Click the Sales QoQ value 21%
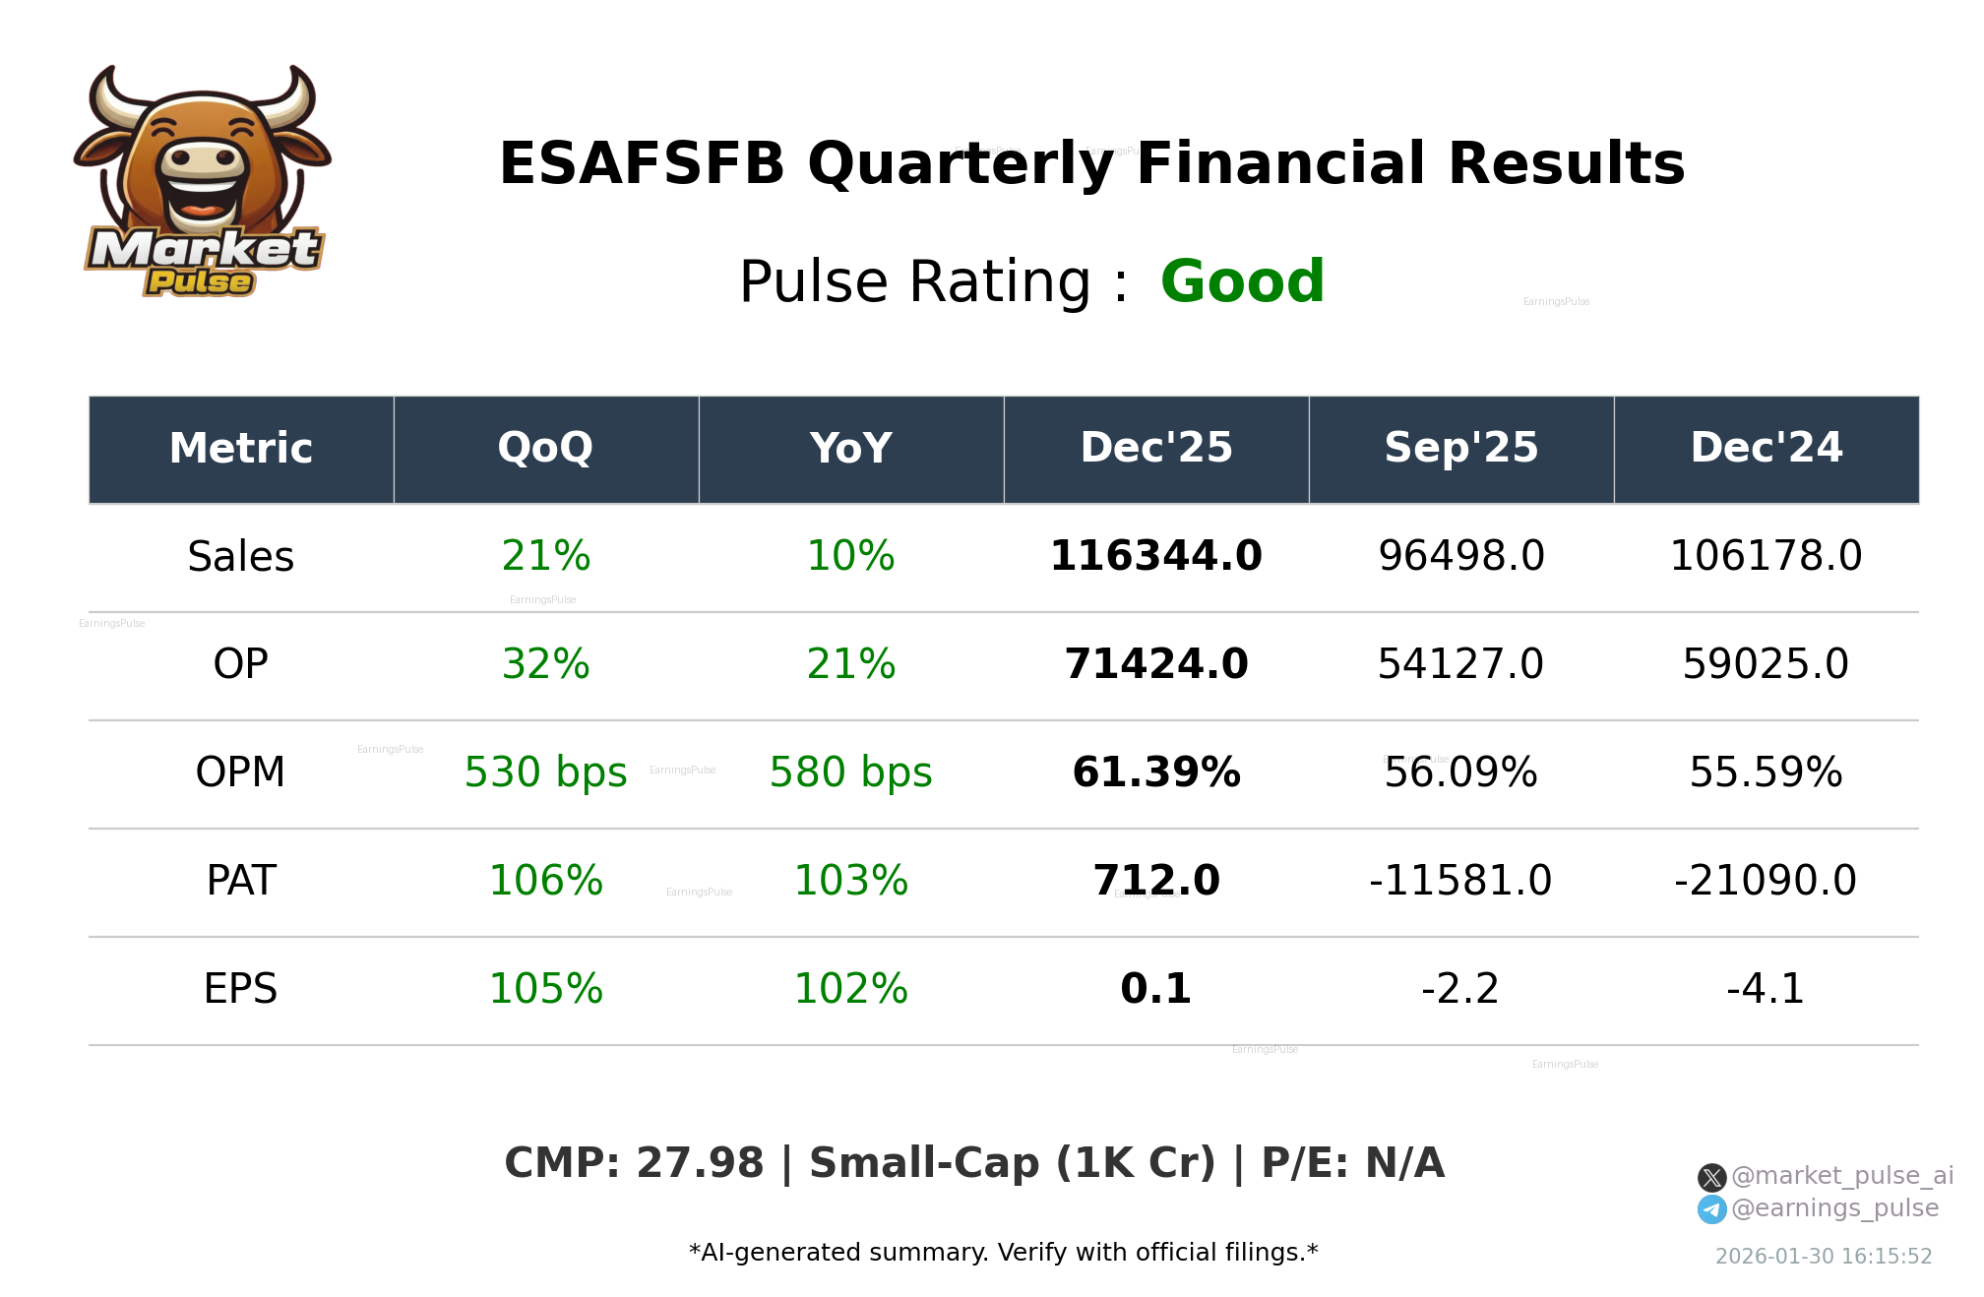545,556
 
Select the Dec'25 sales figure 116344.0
1155,556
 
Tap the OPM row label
240,772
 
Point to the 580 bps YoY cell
850,772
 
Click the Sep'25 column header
1460,448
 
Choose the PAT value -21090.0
1765,881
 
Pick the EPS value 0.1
1155,988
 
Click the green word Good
1242,281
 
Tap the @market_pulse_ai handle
1841,1176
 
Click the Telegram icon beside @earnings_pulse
1711,1209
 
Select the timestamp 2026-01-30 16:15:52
1823,1257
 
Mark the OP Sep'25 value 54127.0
1460,664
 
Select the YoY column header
850,448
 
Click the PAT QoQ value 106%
545,881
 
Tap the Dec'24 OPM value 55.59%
1765,772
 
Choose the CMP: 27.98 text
634,1163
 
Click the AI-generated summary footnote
1003,1253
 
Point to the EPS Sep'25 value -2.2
1460,988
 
